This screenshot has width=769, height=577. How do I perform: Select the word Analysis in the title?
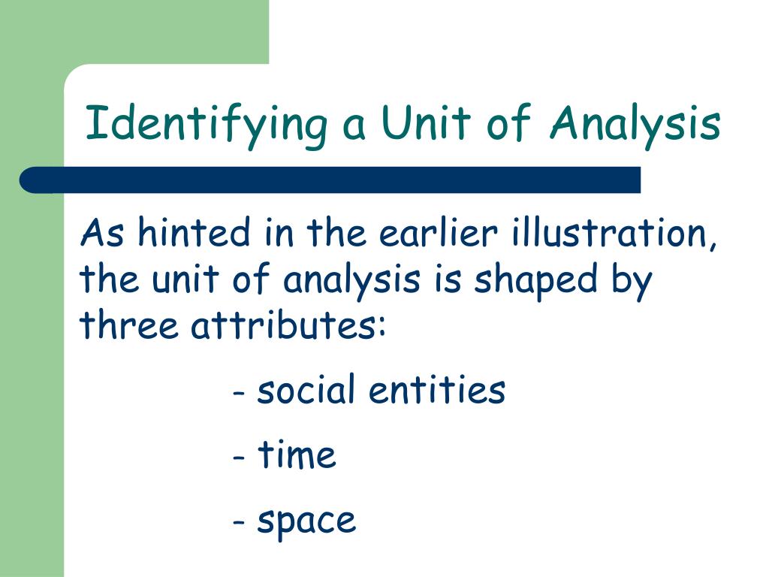coord(635,124)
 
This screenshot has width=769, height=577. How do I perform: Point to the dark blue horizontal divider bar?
coord(330,180)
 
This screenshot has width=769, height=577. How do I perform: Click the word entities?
coord(437,390)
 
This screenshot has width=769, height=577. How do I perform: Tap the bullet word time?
coord(297,455)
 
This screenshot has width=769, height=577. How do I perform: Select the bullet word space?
coord(306,521)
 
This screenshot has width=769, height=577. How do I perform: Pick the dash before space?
coord(240,522)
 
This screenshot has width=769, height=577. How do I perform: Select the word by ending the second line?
coord(632,281)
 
